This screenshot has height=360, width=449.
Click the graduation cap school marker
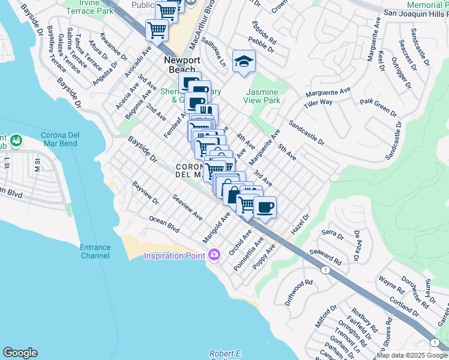(244, 61)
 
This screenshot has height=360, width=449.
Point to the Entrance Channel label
(95, 251)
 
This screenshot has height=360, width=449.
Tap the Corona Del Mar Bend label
(64, 139)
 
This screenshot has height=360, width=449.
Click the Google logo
(20, 353)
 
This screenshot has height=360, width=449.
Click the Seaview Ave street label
(187, 206)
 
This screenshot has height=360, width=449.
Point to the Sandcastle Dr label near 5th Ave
(306, 134)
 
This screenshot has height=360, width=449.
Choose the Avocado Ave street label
(139, 59)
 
